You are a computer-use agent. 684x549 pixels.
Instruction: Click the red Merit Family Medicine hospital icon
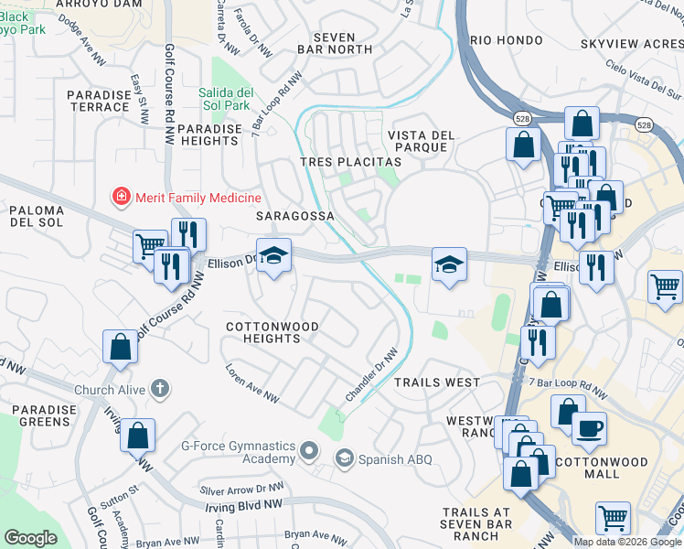coord(119,197)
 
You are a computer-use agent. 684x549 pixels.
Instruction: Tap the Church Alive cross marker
coord(160,389)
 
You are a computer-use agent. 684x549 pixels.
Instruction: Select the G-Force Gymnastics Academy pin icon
coord(309,450)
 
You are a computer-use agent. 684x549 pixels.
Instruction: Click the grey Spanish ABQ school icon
coord(345,459)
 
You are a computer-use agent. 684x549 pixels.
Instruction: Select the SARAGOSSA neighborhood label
coord(294,216)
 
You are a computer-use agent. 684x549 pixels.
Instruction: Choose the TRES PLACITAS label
coord(351,162)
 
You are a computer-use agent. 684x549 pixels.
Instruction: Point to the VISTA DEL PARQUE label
coord(422,141)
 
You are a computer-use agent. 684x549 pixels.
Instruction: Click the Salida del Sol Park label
coord(225,99)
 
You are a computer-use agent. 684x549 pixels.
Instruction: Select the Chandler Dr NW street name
coord(371,373)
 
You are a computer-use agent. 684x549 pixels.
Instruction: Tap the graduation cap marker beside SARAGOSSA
coord(273,256)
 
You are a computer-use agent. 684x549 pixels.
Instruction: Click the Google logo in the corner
coord(31,537)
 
